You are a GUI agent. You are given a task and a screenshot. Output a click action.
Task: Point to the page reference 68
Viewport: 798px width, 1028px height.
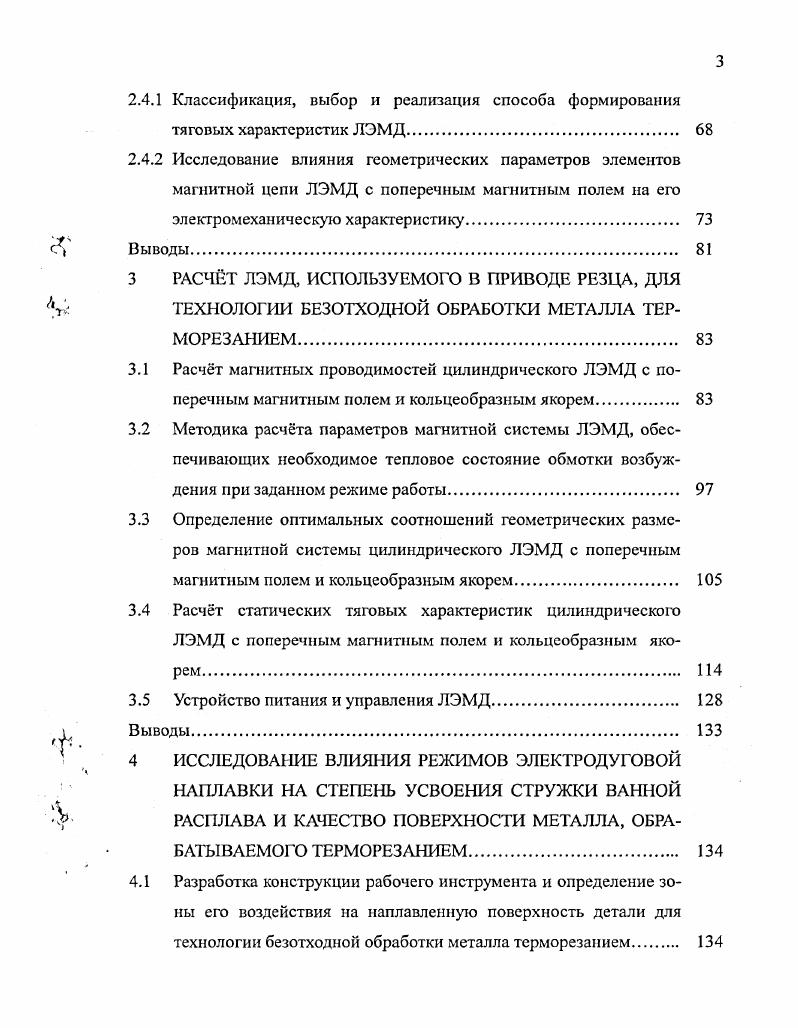tap(703, 130)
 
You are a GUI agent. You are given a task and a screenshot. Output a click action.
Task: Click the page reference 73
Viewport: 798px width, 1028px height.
tap(703, 219)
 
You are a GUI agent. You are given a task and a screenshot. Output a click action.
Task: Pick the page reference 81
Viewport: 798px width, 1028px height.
tap(703, 249)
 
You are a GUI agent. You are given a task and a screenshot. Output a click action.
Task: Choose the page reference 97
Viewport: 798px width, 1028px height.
tap(703, 490)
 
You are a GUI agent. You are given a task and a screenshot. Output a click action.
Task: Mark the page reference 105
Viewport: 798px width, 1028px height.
tap(707, 580)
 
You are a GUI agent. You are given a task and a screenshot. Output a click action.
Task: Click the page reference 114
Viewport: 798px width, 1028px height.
tap(707, 670)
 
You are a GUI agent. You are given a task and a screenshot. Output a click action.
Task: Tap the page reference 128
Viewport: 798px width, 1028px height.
tap(707, 700)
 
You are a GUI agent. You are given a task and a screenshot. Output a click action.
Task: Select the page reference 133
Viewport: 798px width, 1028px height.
tap(707, 730)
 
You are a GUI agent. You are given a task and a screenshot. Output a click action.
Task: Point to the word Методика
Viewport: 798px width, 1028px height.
tap(211, 430)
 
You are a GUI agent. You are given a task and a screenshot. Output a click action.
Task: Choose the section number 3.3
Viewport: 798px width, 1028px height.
tap(139, 520)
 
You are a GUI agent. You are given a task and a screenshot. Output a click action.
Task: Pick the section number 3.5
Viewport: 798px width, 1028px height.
tap(139, 700)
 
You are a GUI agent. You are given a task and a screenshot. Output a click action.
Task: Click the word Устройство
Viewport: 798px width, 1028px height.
tap(216, 700)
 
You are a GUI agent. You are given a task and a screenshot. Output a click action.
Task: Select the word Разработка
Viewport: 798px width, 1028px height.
tap(217, 883)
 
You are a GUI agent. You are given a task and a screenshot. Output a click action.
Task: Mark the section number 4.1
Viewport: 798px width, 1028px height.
tap(139, 883)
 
